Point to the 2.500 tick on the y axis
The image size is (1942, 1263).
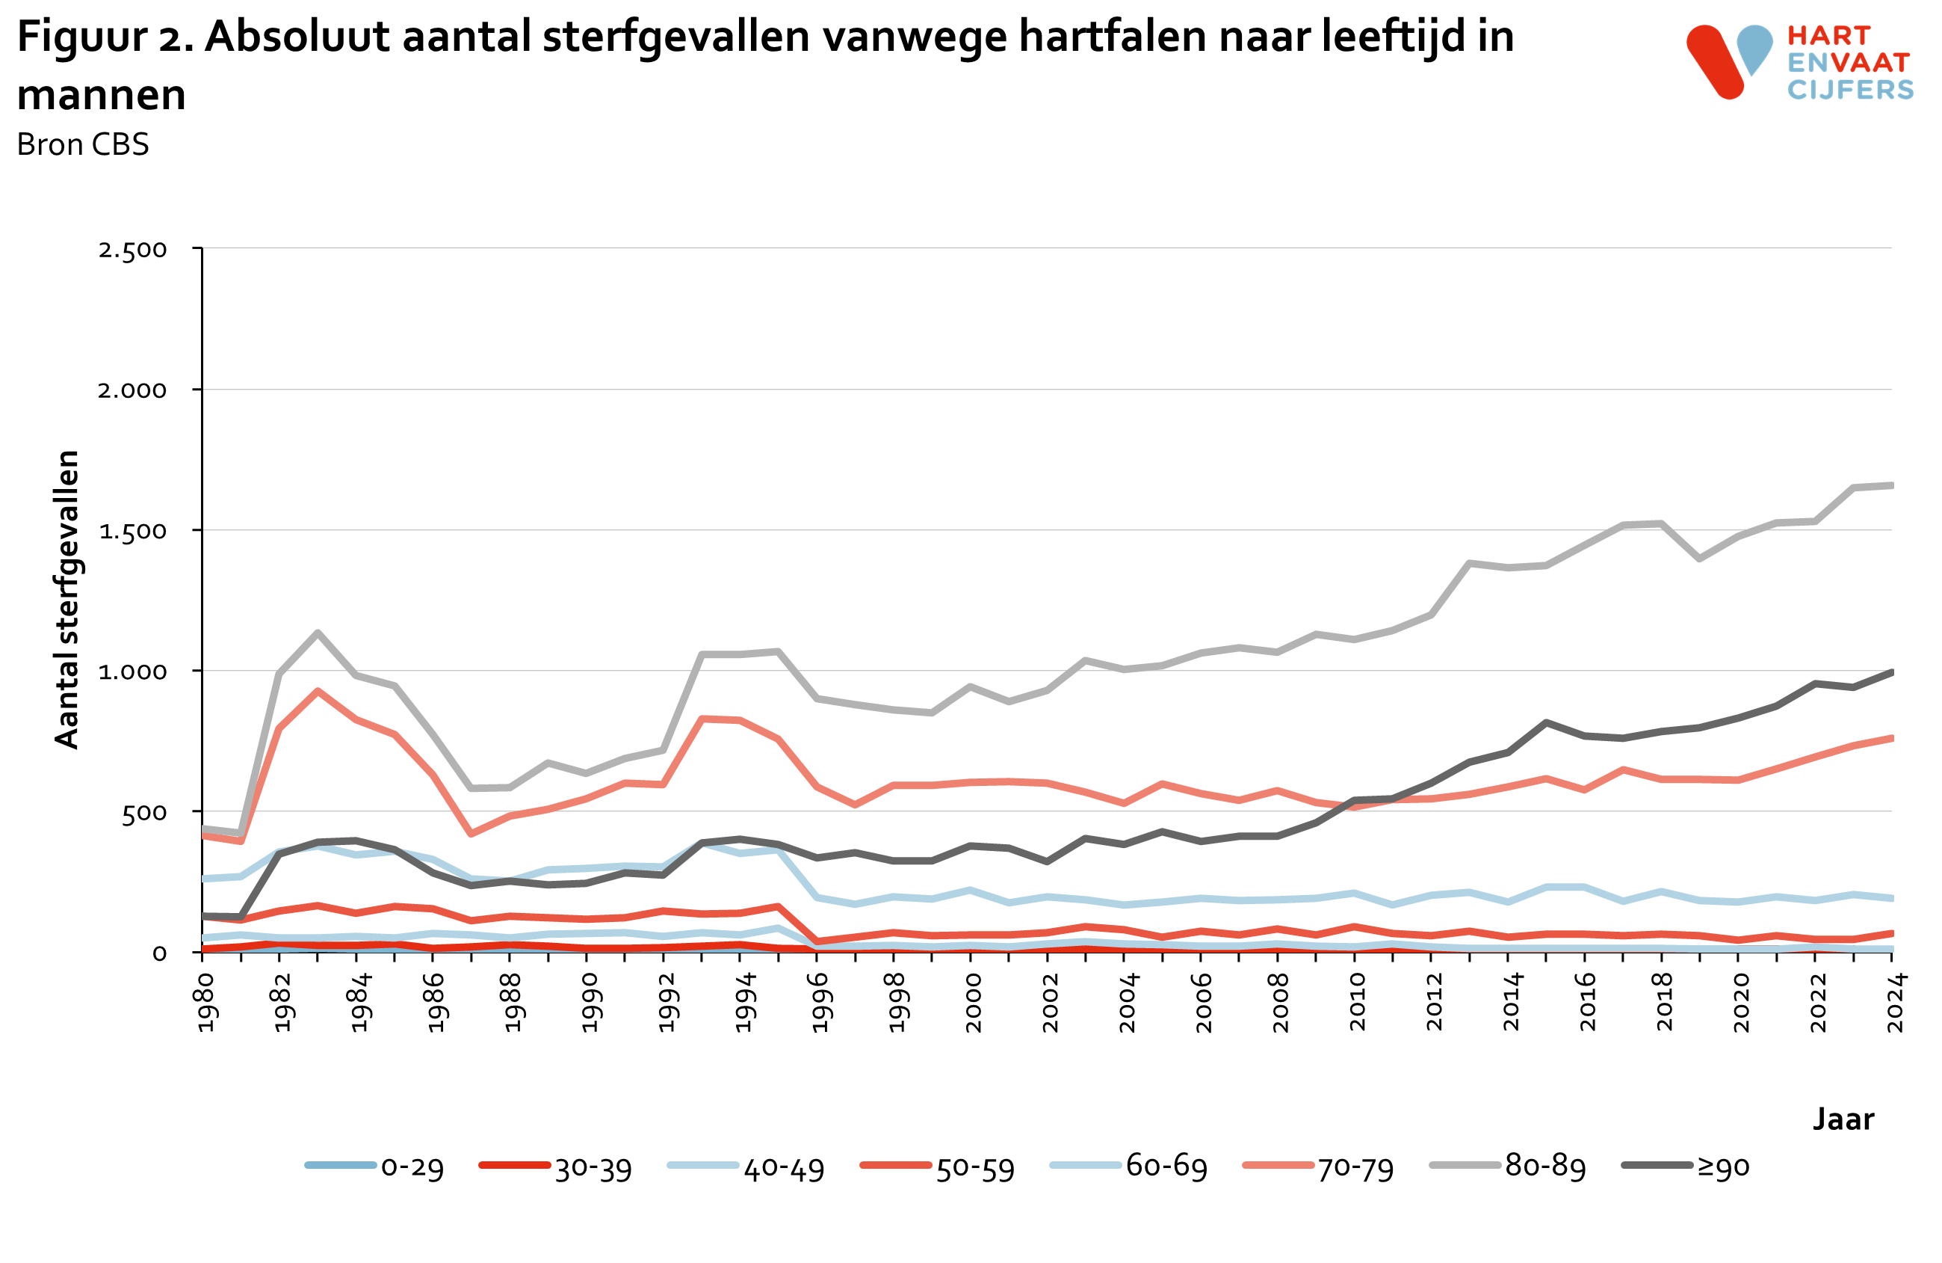[x=132, y=250]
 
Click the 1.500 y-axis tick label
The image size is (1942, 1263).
[x=132, y=532]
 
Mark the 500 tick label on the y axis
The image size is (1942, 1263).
[x=143, y=813]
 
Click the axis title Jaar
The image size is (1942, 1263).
[x=1843, y=1119]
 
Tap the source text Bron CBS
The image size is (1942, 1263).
[x=82, y=144]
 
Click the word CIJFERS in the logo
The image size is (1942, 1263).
[x=1850, y=90]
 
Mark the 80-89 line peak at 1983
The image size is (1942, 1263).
[x=318, y=633]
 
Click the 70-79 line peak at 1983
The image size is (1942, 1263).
[x=318, y=691]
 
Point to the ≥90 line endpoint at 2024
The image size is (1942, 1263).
[x=1890, y=672]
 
